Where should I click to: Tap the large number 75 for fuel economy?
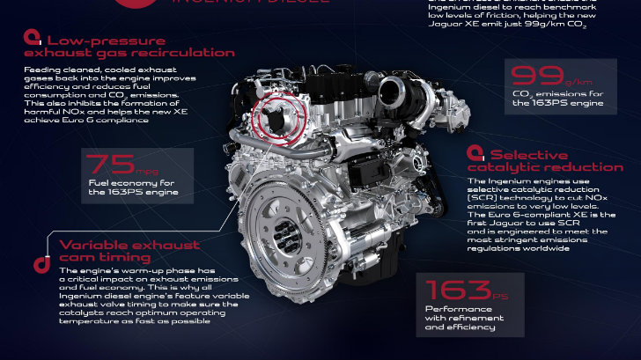110,163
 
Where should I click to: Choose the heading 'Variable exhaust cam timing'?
129,251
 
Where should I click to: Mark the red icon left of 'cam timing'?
40,262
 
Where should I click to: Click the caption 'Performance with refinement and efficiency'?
460,318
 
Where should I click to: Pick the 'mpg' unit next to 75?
147,171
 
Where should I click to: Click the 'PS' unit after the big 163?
505,296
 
